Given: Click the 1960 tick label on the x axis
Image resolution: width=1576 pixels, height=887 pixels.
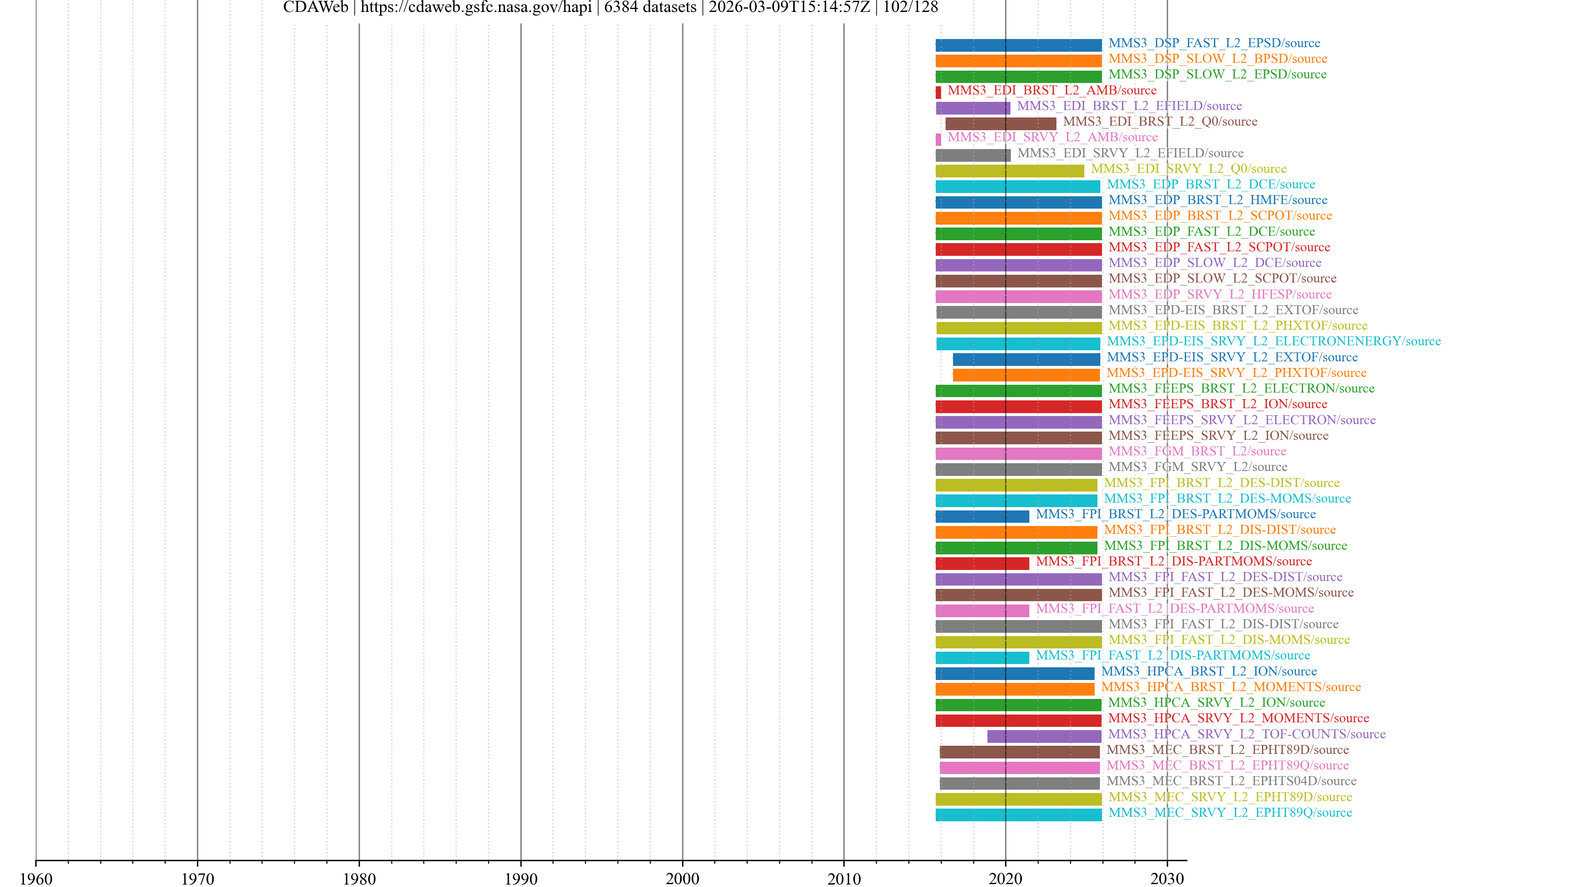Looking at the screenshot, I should click(36, 878).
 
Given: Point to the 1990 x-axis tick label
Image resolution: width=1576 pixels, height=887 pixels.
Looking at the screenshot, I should click(521, 878).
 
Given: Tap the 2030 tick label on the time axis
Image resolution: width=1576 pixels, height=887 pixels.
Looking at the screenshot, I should click(1167, 878).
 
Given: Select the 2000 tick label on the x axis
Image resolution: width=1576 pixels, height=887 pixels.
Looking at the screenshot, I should click(682, 878).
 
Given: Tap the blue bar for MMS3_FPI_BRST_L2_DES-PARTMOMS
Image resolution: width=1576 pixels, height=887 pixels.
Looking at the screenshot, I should click(982, 516).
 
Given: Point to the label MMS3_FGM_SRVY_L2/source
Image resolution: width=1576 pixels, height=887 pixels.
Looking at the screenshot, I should click(1198, 466).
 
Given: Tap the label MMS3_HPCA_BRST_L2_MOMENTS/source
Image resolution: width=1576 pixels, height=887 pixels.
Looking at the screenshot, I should click(1231, 687).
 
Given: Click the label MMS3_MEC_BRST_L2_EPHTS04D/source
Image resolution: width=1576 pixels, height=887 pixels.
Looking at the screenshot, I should click(1231, 781).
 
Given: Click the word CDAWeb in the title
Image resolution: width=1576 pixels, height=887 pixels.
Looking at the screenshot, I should click(315, 7).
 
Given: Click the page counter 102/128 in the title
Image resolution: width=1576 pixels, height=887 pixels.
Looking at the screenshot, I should click(910, 7).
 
